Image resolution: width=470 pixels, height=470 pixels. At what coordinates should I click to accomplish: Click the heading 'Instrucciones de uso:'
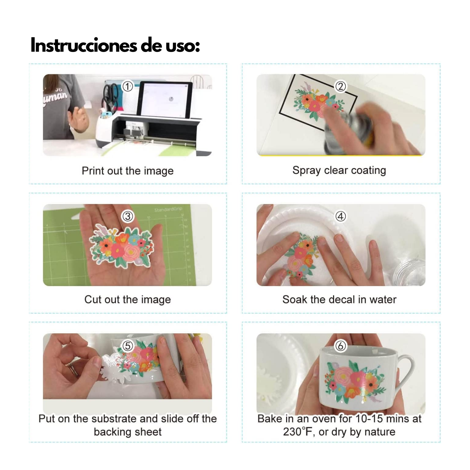(115, 45)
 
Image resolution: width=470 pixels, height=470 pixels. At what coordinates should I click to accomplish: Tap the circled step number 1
(128, 86)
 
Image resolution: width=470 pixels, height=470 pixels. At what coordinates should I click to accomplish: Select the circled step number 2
(341, 86)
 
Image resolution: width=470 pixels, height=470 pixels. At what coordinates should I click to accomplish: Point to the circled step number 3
(128, 216)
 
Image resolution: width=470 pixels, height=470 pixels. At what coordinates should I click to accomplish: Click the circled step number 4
(341, 216)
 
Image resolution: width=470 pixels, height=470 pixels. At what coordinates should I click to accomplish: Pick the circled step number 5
(128, 346)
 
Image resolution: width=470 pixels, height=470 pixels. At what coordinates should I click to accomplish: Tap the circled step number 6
(341, 346)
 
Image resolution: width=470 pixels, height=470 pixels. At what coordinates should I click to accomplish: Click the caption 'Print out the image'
(128, 171)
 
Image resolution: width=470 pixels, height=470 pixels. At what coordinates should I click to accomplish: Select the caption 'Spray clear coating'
(339, 170)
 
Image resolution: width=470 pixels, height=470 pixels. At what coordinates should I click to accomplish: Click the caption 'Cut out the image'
(128, 300)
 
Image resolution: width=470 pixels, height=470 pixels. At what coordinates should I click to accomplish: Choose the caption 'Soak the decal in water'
(339, 300)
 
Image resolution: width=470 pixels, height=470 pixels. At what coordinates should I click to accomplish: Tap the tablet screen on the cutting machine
(165, 100)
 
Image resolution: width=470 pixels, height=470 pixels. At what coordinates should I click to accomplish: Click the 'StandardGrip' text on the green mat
(168, 209)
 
